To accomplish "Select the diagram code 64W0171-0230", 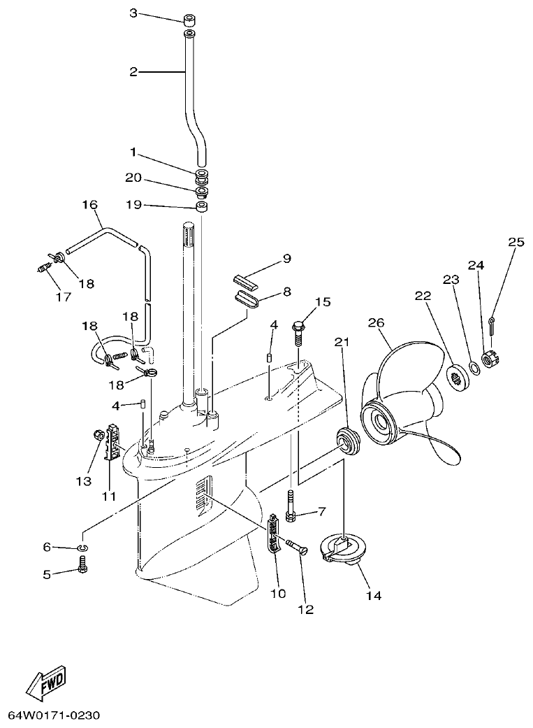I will click(x=54, y=715).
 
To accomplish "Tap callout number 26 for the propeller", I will click(x=377, y=322).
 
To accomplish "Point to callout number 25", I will click(x=516, y=243).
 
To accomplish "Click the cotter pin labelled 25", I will click(x=492, y=324).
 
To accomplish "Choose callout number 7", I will click(x=322, y=511).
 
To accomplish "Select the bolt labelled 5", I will click(x=82, y=564).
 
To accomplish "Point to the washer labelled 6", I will click(x=82, y=546).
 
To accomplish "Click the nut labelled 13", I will click(x=98, y=436).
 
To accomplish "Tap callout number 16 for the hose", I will click(x=89, y=205).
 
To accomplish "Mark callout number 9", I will click(x=286, y=258).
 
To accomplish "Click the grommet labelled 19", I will click(x=202, y=207).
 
